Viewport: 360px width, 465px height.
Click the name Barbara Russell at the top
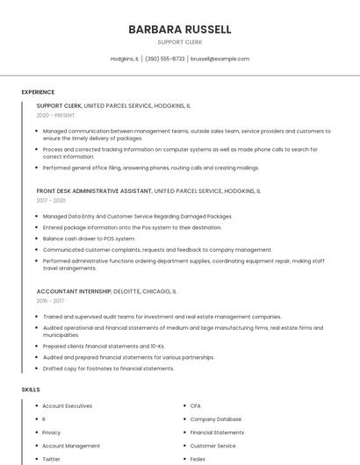pyautogui.click(x=179, y=29)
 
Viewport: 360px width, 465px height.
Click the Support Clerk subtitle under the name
pyautogui.click(x=179, y=42)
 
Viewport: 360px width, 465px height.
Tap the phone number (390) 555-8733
pyautogui.click(x=164, y=59)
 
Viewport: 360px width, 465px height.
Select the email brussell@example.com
pyautogui.click(x=220, y=59)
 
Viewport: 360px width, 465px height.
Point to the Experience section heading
pyautogui.click(x=38, y=92)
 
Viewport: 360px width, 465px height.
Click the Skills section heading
pyautogui.click(x=31, y=389)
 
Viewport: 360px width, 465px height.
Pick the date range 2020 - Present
pyautogui.click(x=55, y=115)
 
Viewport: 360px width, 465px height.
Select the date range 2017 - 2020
pyautogui.click(x=51, y=200)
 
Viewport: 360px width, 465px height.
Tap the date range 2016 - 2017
pyautogui.click(x=51, y=300)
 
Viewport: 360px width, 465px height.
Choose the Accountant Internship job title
pyautogui.click(x=74, y=290)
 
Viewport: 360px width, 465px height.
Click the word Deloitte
pyautogui.click(x=127, y=290)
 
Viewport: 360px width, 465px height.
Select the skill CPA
pyautogui.click(x=196, y=406)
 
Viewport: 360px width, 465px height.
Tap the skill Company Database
pyautogui.click(x=215, y=419)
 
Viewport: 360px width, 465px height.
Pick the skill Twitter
pyautogui.click(x=52, y=459)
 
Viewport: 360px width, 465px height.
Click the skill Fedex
pyautogui.click(x=198, y=459)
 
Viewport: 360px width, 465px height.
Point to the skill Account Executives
pyautogui.click(x=67, y=406)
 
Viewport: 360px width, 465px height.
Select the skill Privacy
pyautogui.click(x=52, y=433)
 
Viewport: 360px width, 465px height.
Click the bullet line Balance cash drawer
pyautogui.click(x=89, y=239)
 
